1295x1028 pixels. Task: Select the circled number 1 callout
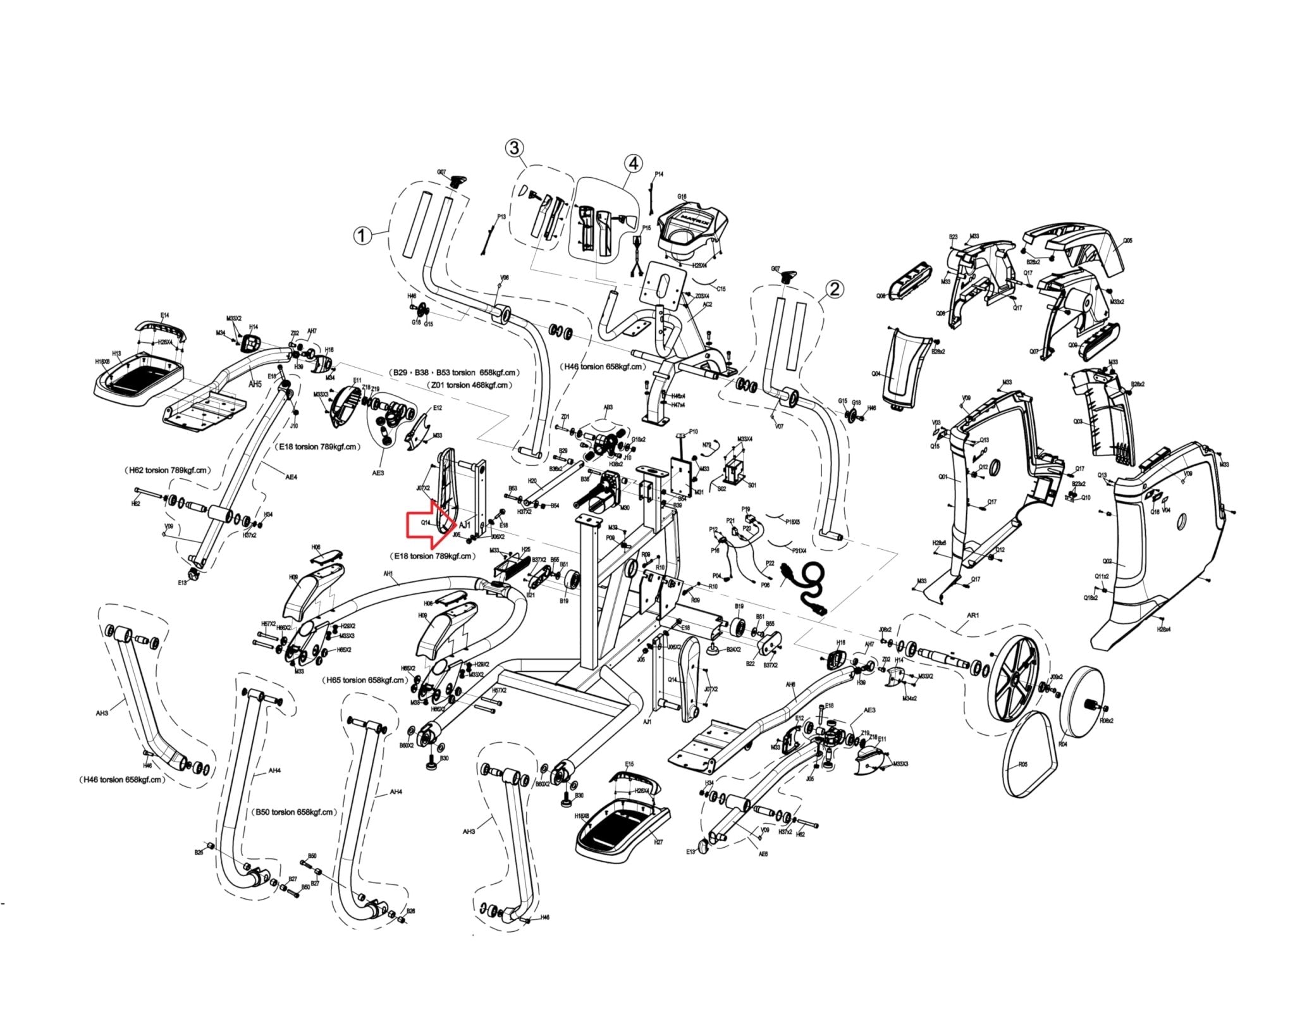click(361, 236)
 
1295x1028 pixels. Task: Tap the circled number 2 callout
click(835, 289)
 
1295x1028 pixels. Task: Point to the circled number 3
click(515, 148)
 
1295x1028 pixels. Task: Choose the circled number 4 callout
click(632, 164)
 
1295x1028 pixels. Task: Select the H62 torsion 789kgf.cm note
click(167, 470)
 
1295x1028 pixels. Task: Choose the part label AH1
click(388, 574)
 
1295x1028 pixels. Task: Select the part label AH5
click(254, 384)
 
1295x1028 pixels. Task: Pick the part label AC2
click(708, 304)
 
